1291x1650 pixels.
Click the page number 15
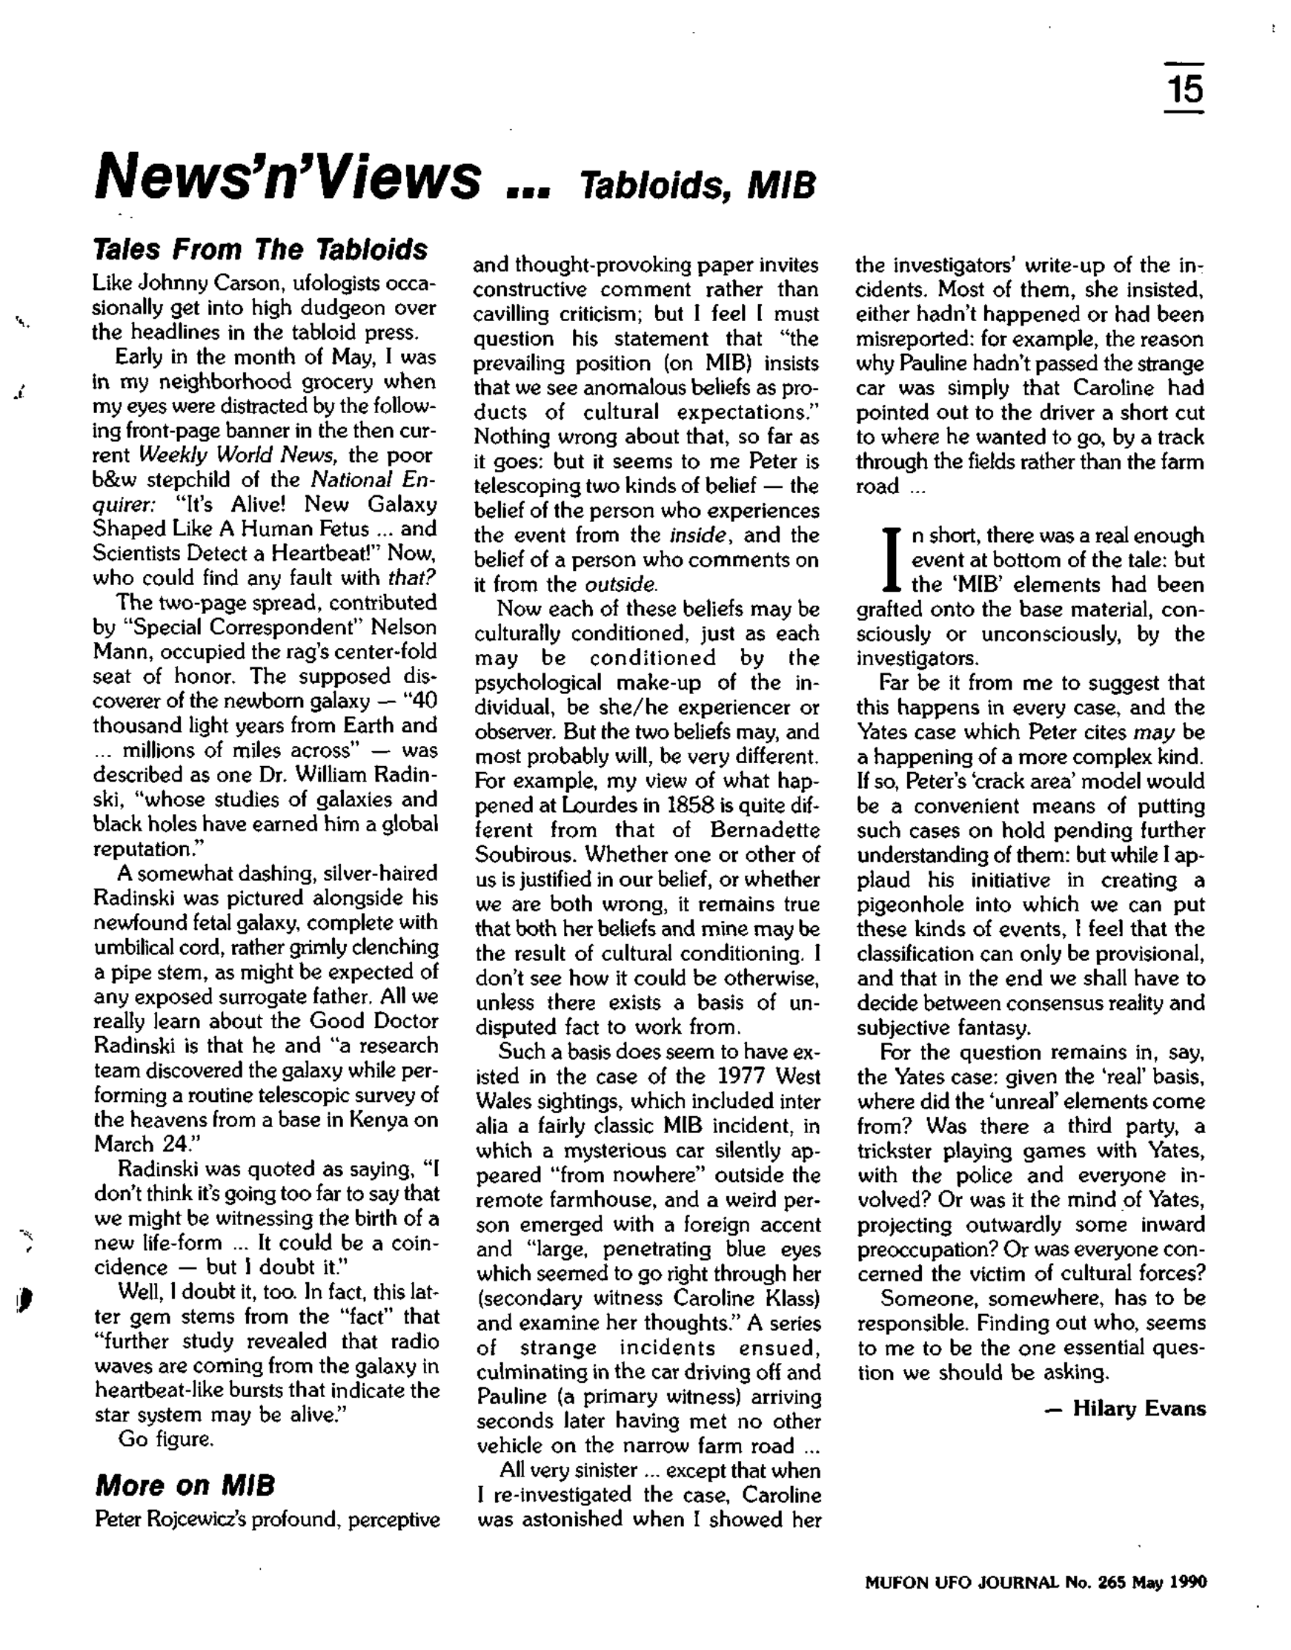pos(1184,89)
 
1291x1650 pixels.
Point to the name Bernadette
pos(764,830)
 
